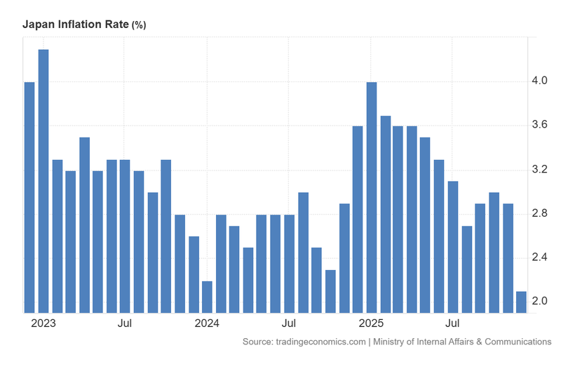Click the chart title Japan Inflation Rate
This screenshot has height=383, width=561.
click(x=76, y=25)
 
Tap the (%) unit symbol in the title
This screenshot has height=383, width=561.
click(x=139, y=25)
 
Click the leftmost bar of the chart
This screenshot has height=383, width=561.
click(x=29, y=197)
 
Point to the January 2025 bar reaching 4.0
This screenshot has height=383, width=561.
click(x=372, y=197)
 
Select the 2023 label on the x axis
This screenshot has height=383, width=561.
click(x=43, y=323)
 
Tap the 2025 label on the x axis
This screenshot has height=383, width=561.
click(x=371, y=323)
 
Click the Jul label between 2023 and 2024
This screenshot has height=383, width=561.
click(x=125, y=323)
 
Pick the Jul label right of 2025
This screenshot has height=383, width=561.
click(x=453, y=323)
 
